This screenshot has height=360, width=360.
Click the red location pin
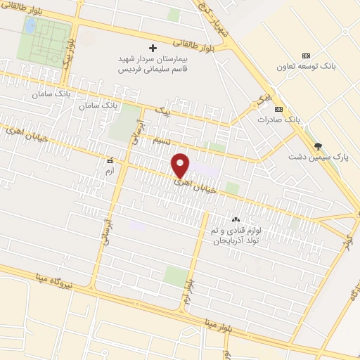[x=181, y=165]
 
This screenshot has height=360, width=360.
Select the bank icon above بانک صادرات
[x=279, y=109]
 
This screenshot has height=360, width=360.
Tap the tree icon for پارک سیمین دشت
[x=319, y=146]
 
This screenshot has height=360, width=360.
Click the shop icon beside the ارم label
[x=109, y=160]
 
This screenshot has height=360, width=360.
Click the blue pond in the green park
[x=30, y=26]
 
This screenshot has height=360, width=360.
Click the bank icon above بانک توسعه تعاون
[x=306, y=56]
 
